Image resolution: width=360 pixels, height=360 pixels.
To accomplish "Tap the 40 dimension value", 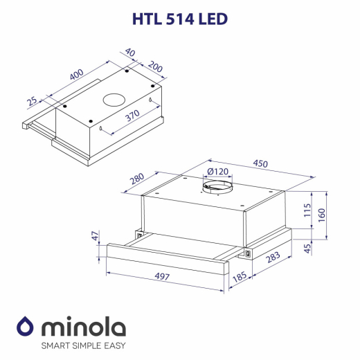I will point(129,53).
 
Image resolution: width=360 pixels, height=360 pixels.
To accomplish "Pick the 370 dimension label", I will point(131,117).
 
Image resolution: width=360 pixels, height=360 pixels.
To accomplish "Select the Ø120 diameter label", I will point(218,172).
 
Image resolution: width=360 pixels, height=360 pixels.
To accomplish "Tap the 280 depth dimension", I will point(136,180).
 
